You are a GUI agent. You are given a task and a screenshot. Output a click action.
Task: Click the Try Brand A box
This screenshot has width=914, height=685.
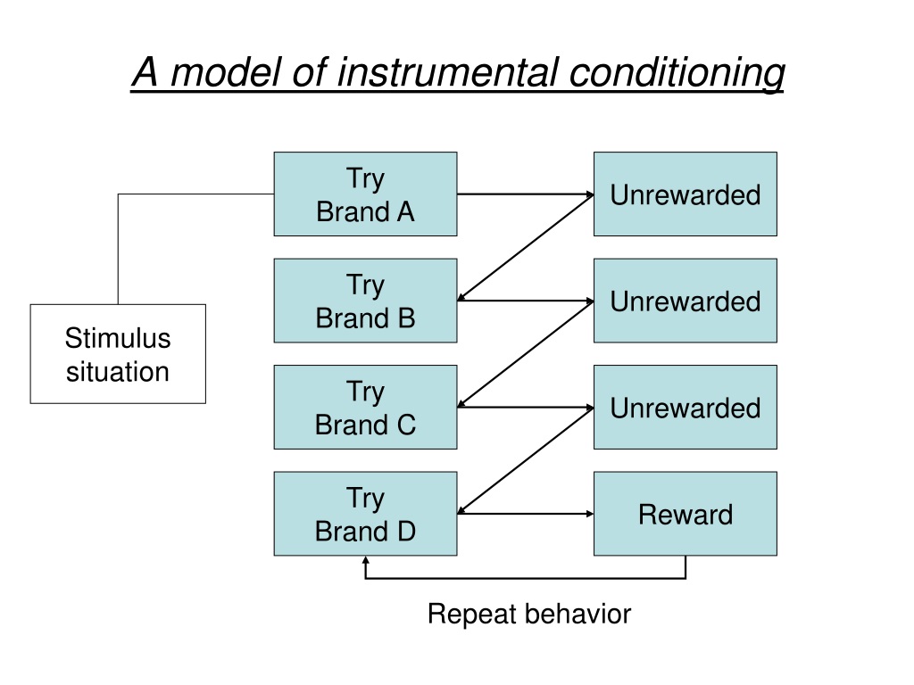[x=365, y=194]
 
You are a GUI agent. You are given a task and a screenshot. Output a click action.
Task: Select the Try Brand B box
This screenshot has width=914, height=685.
[x=365, y=301]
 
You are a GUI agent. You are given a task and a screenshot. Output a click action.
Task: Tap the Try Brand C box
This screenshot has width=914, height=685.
[x=365, y=407]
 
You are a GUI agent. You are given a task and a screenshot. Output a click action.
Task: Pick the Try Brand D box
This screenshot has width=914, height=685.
[x=365, y=514]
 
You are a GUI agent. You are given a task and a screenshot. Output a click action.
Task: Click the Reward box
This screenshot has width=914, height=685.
[x=685, y=514]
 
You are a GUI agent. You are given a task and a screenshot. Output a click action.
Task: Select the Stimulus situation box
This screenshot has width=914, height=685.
[x=118, y=353]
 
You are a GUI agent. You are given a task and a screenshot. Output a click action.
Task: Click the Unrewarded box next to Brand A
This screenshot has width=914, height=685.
[x=685, y=194]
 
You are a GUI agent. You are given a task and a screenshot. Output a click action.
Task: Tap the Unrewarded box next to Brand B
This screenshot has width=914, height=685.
[x=685, y=301]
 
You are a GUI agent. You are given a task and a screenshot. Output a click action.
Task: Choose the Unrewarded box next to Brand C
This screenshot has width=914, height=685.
[x=685, y=407]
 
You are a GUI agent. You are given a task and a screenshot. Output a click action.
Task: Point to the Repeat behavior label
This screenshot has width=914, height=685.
[x=529, y=614]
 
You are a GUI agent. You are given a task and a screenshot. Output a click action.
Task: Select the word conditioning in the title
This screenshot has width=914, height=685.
[x=677, y=73]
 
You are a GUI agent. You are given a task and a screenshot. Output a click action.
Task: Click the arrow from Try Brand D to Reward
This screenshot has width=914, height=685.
[x=526, y=514]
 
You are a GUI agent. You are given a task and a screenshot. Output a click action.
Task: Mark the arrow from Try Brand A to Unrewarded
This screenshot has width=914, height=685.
[x=526, y=194]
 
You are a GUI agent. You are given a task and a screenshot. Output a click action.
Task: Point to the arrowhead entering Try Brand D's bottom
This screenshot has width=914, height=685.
[x=365, y=560]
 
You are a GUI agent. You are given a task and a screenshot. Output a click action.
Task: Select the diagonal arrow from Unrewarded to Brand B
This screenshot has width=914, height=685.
[x=526, y=248]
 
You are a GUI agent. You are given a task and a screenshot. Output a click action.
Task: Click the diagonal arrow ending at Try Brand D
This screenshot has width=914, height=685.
[x=526, y=461]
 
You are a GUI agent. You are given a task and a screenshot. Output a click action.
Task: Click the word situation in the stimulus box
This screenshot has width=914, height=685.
[x=118, y=372]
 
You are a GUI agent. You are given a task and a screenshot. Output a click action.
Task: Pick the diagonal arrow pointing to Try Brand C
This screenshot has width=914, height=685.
[x=526, y=354]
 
